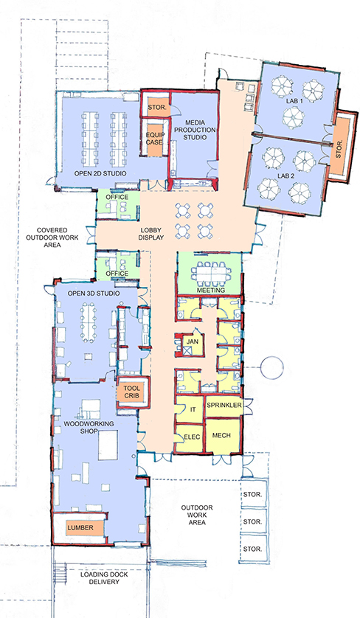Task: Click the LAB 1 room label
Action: tap(294, 101)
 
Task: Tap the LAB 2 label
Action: tap(286, 176)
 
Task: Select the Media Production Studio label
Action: tap(195, 130)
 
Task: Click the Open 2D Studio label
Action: tap(100, 173)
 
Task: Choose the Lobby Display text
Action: tap(151, 234)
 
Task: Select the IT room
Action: tap(189, 409)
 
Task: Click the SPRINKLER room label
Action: tap(224, 405)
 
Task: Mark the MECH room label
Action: tap(221, 436)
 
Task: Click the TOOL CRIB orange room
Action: tap(132, 392)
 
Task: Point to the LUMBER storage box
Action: tap(81, 527)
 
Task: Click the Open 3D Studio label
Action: tap(94, 294)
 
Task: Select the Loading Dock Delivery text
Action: tap(104, 577)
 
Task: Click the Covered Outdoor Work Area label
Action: tap(52, 237)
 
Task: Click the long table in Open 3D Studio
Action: tap(89, 323)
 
